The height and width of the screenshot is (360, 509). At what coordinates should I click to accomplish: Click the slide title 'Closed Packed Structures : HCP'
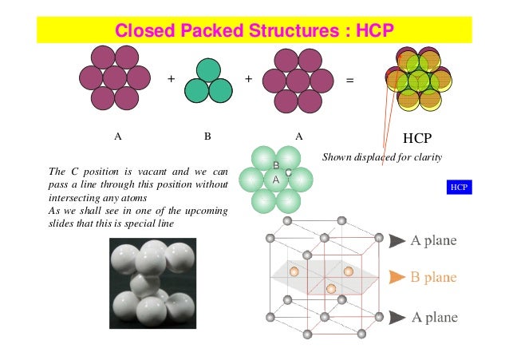point(254,32)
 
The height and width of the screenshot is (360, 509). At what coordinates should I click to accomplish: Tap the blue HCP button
point(459,188)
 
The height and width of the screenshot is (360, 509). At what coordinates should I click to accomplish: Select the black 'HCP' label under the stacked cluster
point(416,136)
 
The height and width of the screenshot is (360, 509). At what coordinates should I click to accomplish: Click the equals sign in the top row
point(349,80)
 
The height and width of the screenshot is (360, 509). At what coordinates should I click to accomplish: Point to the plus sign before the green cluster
point(170,79)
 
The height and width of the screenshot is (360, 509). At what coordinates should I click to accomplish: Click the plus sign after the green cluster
point(248,79)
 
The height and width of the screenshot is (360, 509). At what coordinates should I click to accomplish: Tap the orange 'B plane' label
point(433,278)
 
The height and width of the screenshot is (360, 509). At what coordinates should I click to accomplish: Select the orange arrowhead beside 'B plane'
point(397,278)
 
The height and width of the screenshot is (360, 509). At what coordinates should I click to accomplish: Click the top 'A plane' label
point(434,239)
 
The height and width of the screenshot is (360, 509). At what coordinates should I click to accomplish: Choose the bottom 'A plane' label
point(434,318)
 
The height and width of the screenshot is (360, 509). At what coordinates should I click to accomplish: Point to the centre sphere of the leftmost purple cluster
point(115,77)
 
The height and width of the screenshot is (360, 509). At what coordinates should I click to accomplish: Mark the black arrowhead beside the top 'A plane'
point(397,239)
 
